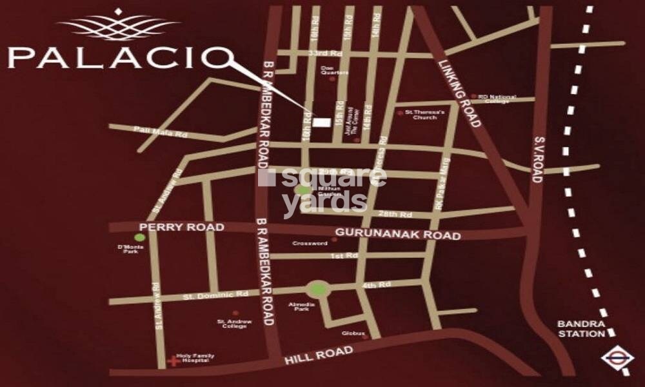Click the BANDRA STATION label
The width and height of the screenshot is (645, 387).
point(582,329)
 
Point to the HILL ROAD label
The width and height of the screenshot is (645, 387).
point(319,355)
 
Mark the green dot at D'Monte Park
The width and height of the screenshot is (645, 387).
point(139,238)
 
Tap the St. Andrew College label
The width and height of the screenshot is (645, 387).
point(232,323)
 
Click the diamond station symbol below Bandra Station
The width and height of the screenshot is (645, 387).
point(609,360)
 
